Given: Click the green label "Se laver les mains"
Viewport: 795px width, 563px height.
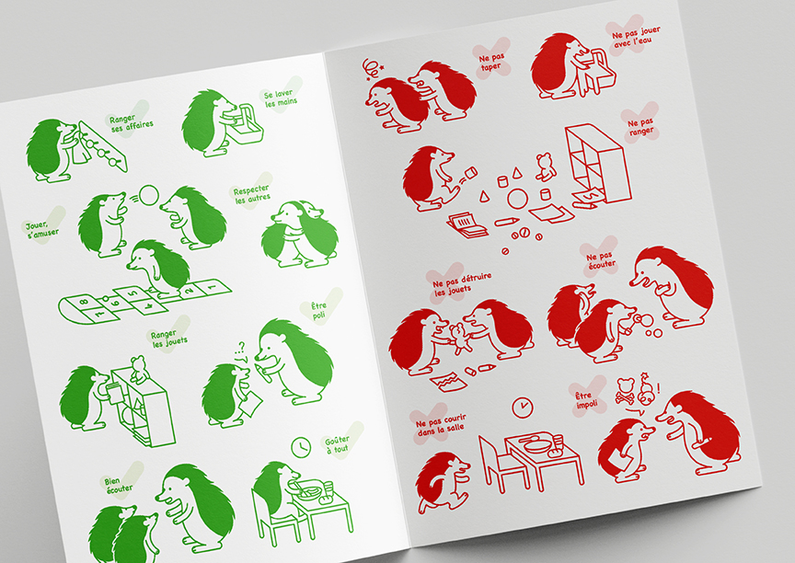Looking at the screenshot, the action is [281, 98].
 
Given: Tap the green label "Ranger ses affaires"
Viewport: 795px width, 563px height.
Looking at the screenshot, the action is [131, 122].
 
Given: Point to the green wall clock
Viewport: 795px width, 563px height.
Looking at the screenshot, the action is [301, 447].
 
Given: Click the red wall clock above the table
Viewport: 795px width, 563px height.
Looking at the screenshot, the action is [523, 407].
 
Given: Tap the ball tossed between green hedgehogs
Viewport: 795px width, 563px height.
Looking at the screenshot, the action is [149, 195].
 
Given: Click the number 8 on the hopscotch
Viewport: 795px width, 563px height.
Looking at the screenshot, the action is [84, 302].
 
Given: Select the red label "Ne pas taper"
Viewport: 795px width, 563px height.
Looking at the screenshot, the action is [491, 62].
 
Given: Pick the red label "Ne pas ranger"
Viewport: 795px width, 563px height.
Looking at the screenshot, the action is [640, 127].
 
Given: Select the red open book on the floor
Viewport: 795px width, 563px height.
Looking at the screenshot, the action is [467, 225].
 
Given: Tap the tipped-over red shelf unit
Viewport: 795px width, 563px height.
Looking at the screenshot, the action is [598, 164].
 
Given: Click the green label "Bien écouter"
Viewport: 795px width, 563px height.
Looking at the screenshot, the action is [119, 485].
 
